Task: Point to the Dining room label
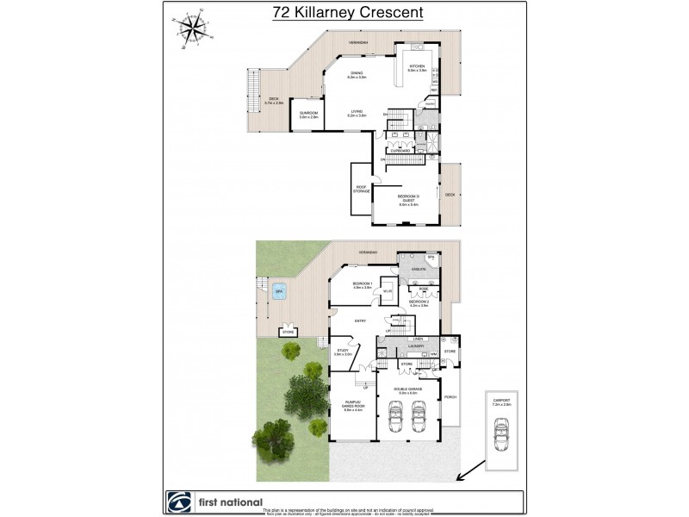click(357, 75)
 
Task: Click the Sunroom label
click(308, 115)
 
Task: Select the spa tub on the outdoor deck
click(280, 291)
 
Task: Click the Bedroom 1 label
click(362, 285)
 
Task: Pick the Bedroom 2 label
click(419, 302)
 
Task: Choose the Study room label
click(342, 352)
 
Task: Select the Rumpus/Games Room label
click(354, 408)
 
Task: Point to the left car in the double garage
click(395, 418)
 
